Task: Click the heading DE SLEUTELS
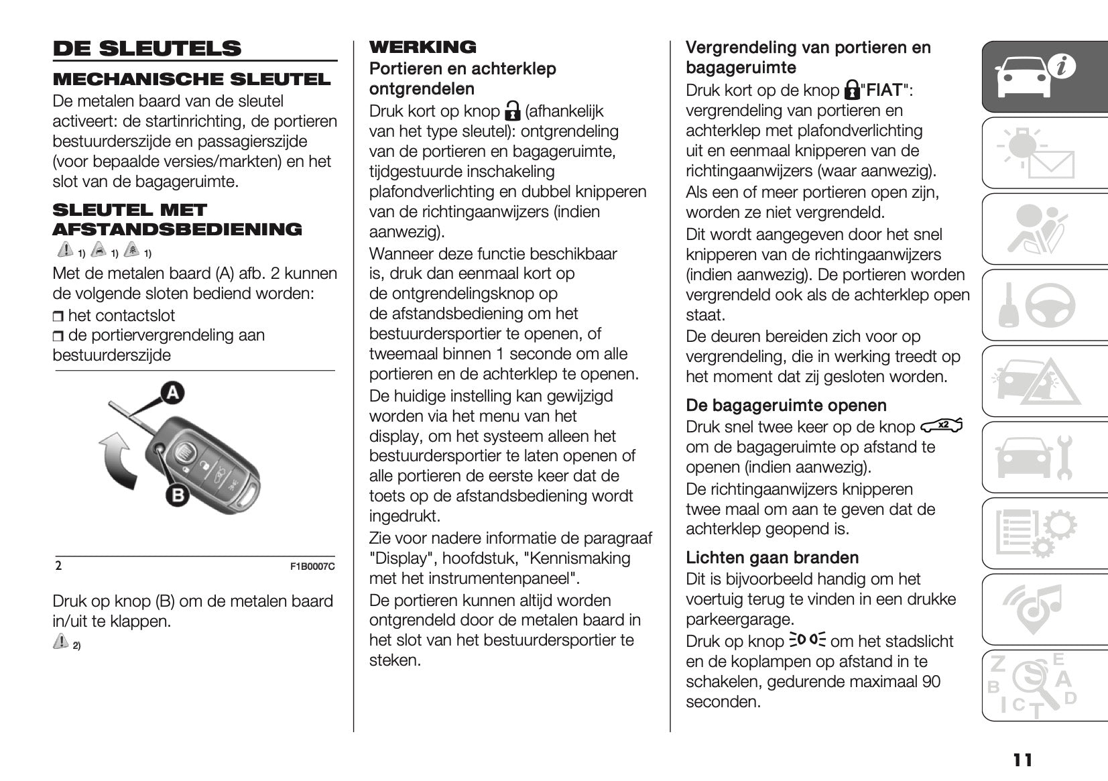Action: (147, 48)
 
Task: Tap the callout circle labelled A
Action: (172, 392)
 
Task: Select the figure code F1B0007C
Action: (312, 566)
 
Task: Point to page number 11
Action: (1023, 760)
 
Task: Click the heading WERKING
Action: (422, 47)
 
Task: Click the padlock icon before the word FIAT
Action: (851, 90)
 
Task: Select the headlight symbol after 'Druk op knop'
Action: (808, 640)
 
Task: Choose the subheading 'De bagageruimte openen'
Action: (786, 406)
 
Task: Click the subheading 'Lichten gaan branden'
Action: (772, 558)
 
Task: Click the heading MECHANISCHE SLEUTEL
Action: (192, 79)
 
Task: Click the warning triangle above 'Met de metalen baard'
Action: (65, 250)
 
